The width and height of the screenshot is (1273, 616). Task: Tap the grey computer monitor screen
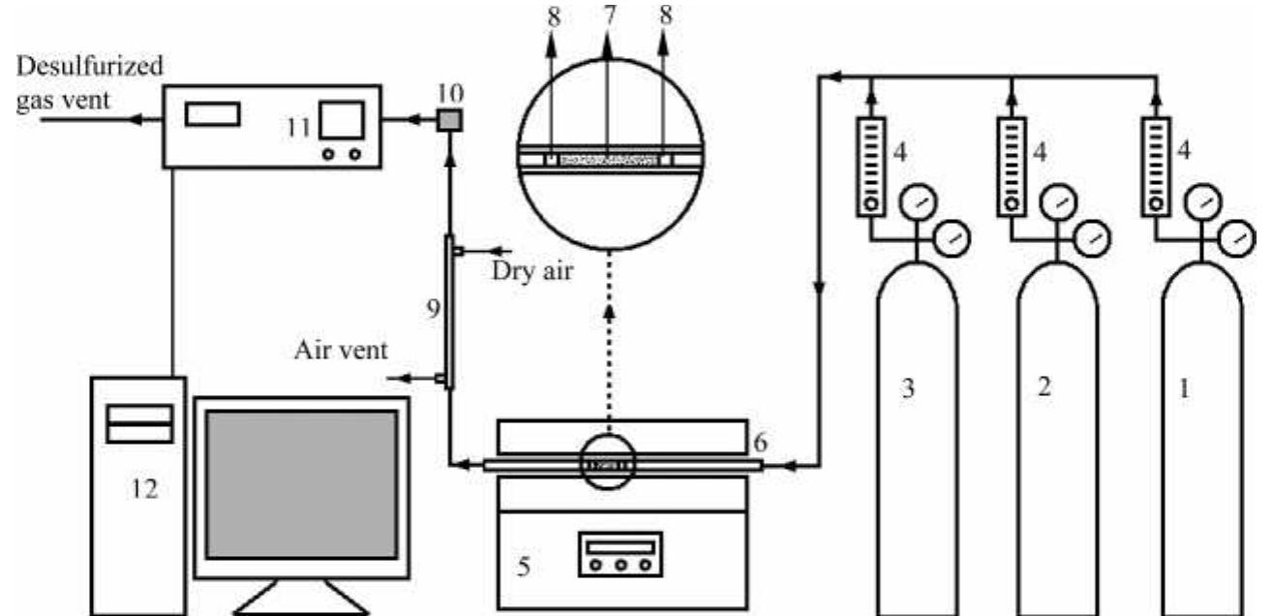(301, 483)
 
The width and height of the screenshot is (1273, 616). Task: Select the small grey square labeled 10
(448, 120)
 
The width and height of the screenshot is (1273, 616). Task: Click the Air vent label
(343, 350)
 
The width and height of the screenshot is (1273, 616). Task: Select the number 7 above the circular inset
(607, 15)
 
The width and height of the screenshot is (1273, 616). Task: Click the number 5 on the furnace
(522, 565)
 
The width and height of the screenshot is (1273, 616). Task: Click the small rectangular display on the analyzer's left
(213, 113)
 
